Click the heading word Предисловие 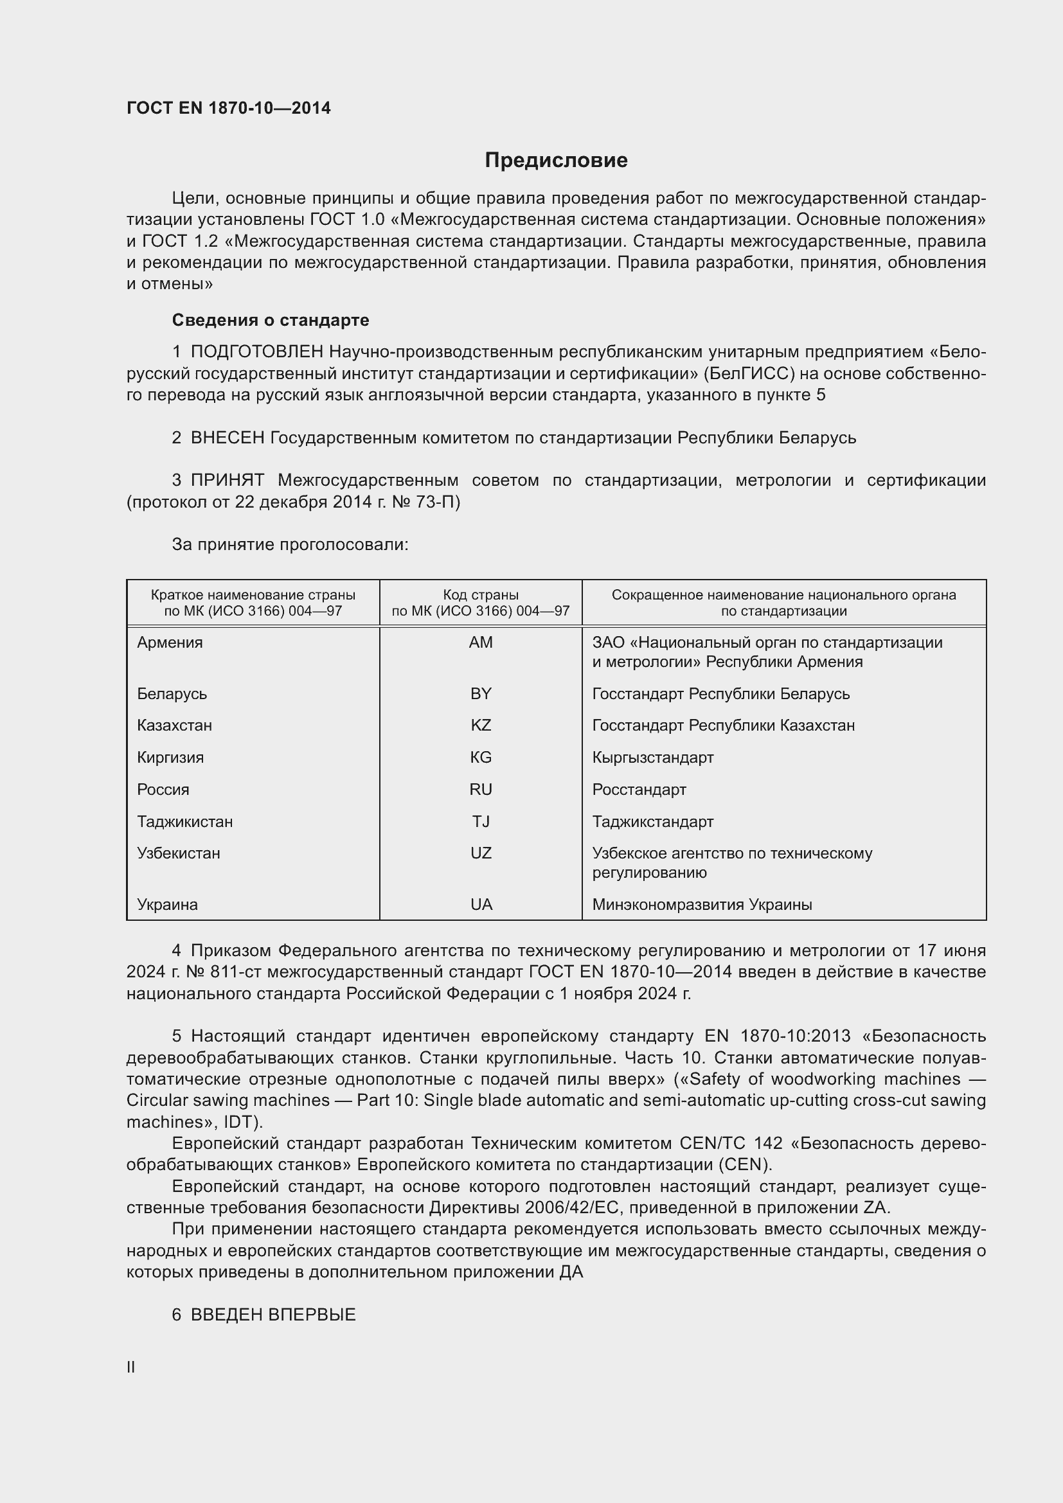coord(556,161)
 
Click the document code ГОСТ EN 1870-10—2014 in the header coord(228,108)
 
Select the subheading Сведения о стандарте coord(271,320)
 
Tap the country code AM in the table coord(481,642)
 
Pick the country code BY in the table coord(481,693)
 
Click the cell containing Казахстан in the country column coord(174,725)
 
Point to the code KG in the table coord(481,758)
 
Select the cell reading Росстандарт coord(639,790)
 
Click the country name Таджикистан coord(184,822)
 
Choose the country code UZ coord(481,853)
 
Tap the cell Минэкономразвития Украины coord(702,905)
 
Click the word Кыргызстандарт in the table coord(652,758)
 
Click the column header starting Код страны coord(481,603)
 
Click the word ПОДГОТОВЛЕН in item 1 coord(256,352)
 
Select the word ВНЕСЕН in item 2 coord(227,438)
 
